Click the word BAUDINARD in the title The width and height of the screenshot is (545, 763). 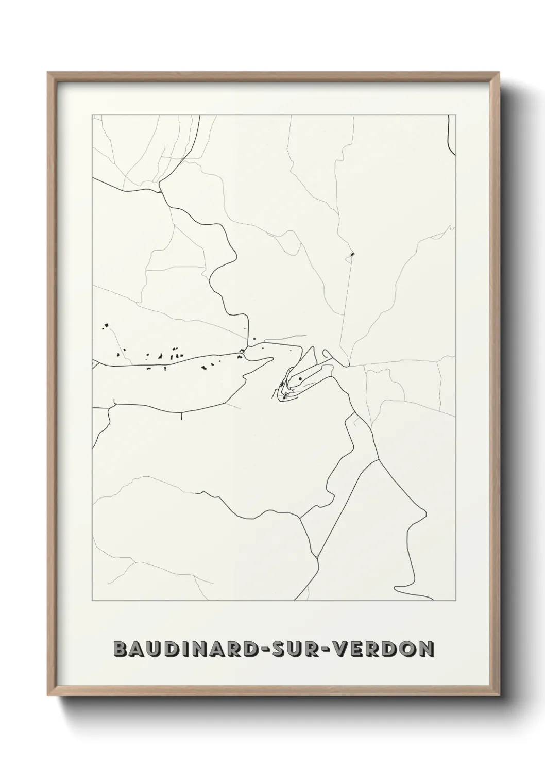[x=186, y=650]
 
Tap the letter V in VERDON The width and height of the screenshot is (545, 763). [x=340, y=650]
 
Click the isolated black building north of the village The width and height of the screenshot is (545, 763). [x=352, y=254]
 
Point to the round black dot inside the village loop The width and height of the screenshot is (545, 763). [x=300, y=379]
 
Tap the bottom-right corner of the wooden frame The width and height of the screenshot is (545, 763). [x=497, y=694]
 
